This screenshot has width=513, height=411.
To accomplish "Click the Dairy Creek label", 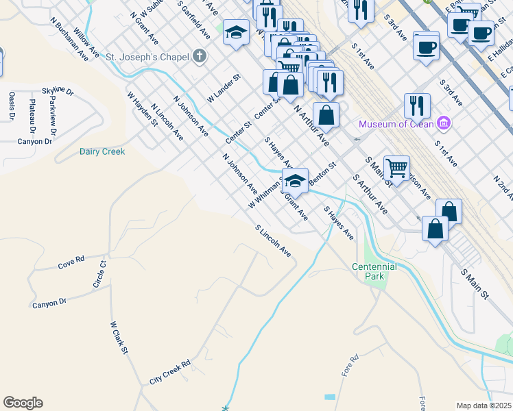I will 102,151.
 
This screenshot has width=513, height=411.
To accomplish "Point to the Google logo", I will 23,403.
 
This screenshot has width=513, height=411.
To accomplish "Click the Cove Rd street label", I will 71,262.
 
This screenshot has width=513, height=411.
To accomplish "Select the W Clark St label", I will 119,338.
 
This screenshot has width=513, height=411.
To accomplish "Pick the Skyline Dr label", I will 58,90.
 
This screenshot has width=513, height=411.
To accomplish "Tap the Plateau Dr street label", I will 32,116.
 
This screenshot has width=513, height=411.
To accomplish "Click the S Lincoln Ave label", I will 273,242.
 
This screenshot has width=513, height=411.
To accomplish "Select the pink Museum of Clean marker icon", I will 444,123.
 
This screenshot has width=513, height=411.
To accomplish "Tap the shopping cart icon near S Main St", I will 396,166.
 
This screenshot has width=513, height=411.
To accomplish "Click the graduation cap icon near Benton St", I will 295,181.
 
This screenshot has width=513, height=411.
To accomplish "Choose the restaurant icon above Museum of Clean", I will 417,105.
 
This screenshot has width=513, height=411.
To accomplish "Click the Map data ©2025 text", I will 484,406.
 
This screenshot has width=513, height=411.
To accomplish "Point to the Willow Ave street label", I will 86,42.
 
